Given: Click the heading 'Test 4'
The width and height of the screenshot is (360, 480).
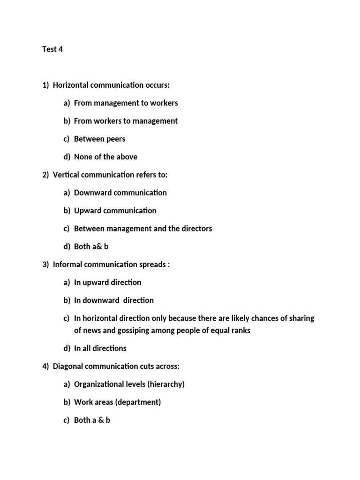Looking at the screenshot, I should (52, 49).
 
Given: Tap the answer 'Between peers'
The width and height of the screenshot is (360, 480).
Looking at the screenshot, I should (99, 139).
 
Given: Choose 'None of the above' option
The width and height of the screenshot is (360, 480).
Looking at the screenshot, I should (105, 157).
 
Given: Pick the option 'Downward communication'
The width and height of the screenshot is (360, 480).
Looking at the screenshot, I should (120, 193).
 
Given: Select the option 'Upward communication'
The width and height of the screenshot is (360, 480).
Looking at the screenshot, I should (115, 210).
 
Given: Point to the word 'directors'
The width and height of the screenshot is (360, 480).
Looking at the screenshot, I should (196, 229).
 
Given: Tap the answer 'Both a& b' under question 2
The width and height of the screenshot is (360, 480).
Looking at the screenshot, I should (91, 247).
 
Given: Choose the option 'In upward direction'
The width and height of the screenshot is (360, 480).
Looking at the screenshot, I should (107, 282).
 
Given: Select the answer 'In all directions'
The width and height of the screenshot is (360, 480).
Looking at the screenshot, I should (100, 348).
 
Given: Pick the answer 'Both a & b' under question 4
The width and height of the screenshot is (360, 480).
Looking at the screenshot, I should (92, 420).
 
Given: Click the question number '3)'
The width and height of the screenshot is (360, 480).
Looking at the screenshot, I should (45, 264).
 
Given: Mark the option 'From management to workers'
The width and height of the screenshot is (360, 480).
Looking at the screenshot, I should (126, 103).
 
